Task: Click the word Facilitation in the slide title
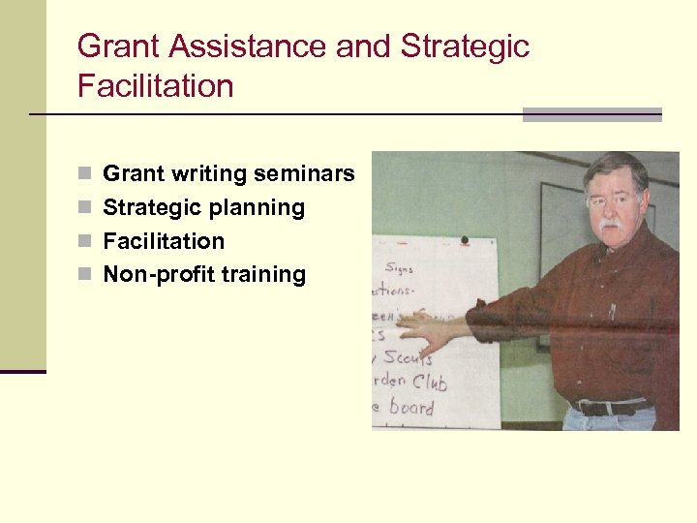tap(155, 86)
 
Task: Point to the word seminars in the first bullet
tap(305, 174)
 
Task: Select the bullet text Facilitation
tap(164, 241)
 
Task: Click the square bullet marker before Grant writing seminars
tap(84, 174)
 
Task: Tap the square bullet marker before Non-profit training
tap(84, 275)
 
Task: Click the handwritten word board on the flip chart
tap(410, 407)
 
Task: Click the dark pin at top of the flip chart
tap(465, 239)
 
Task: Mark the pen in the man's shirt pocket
tap(612, 312)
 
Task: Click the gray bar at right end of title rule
tap(591, 114)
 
